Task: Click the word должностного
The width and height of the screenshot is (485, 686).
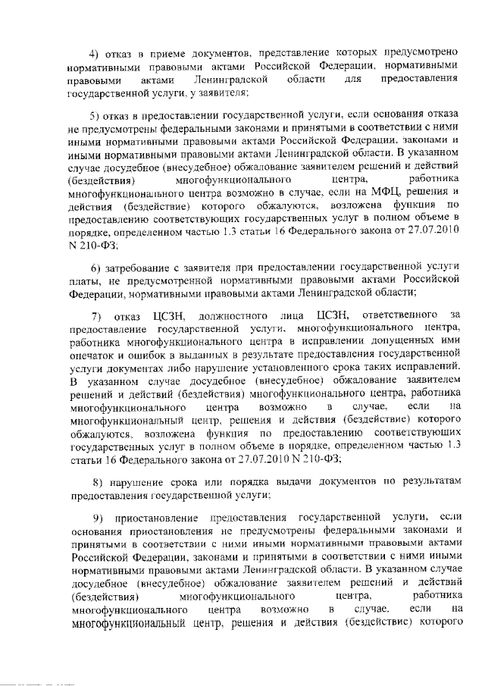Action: [x=233, y=314]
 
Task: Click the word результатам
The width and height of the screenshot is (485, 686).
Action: [x=428, y=482]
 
